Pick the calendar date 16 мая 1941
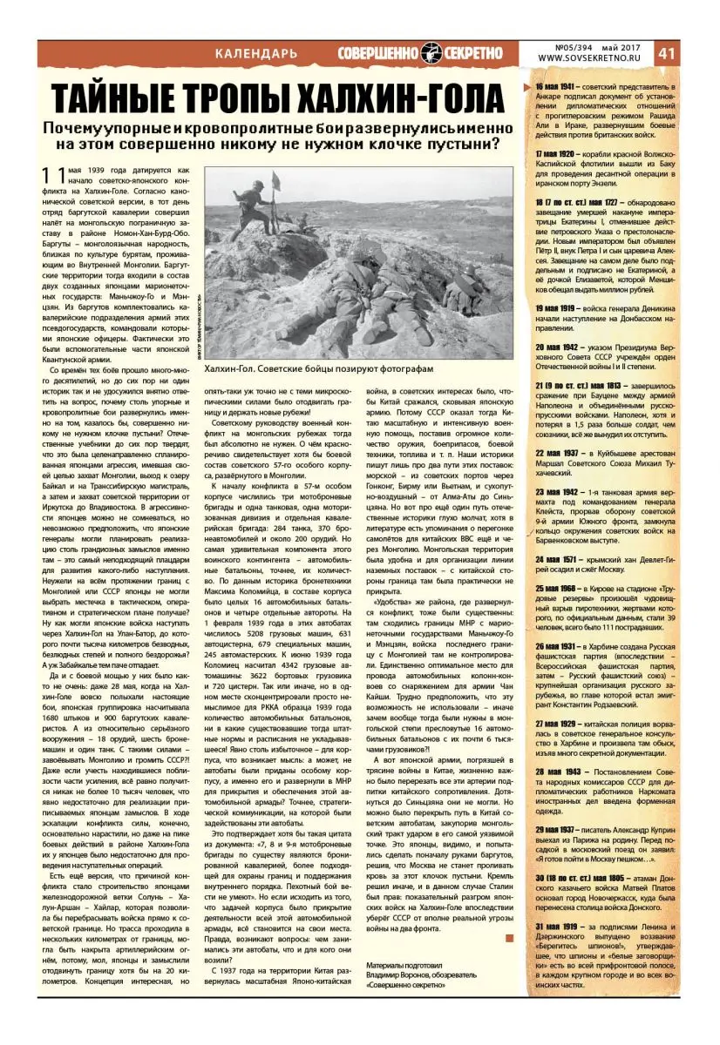554,88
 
